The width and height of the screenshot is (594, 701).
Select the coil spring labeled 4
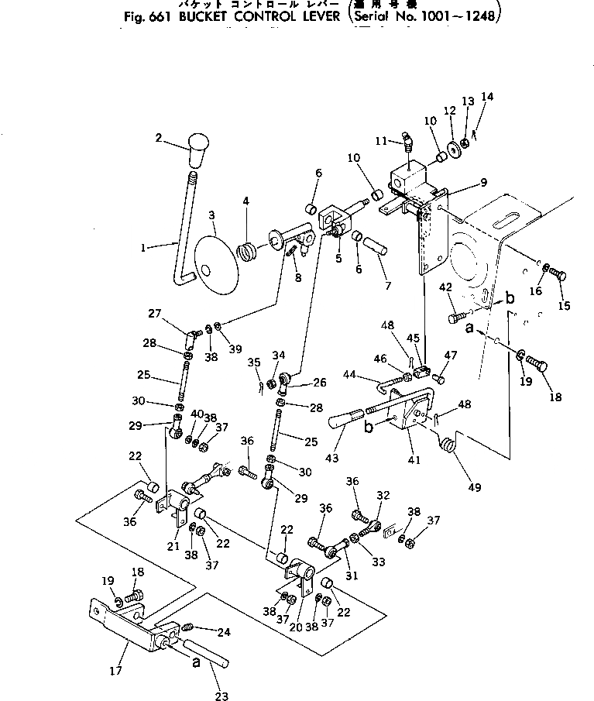[249, 251]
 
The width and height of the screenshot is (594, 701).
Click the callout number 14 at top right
[486, 97]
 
